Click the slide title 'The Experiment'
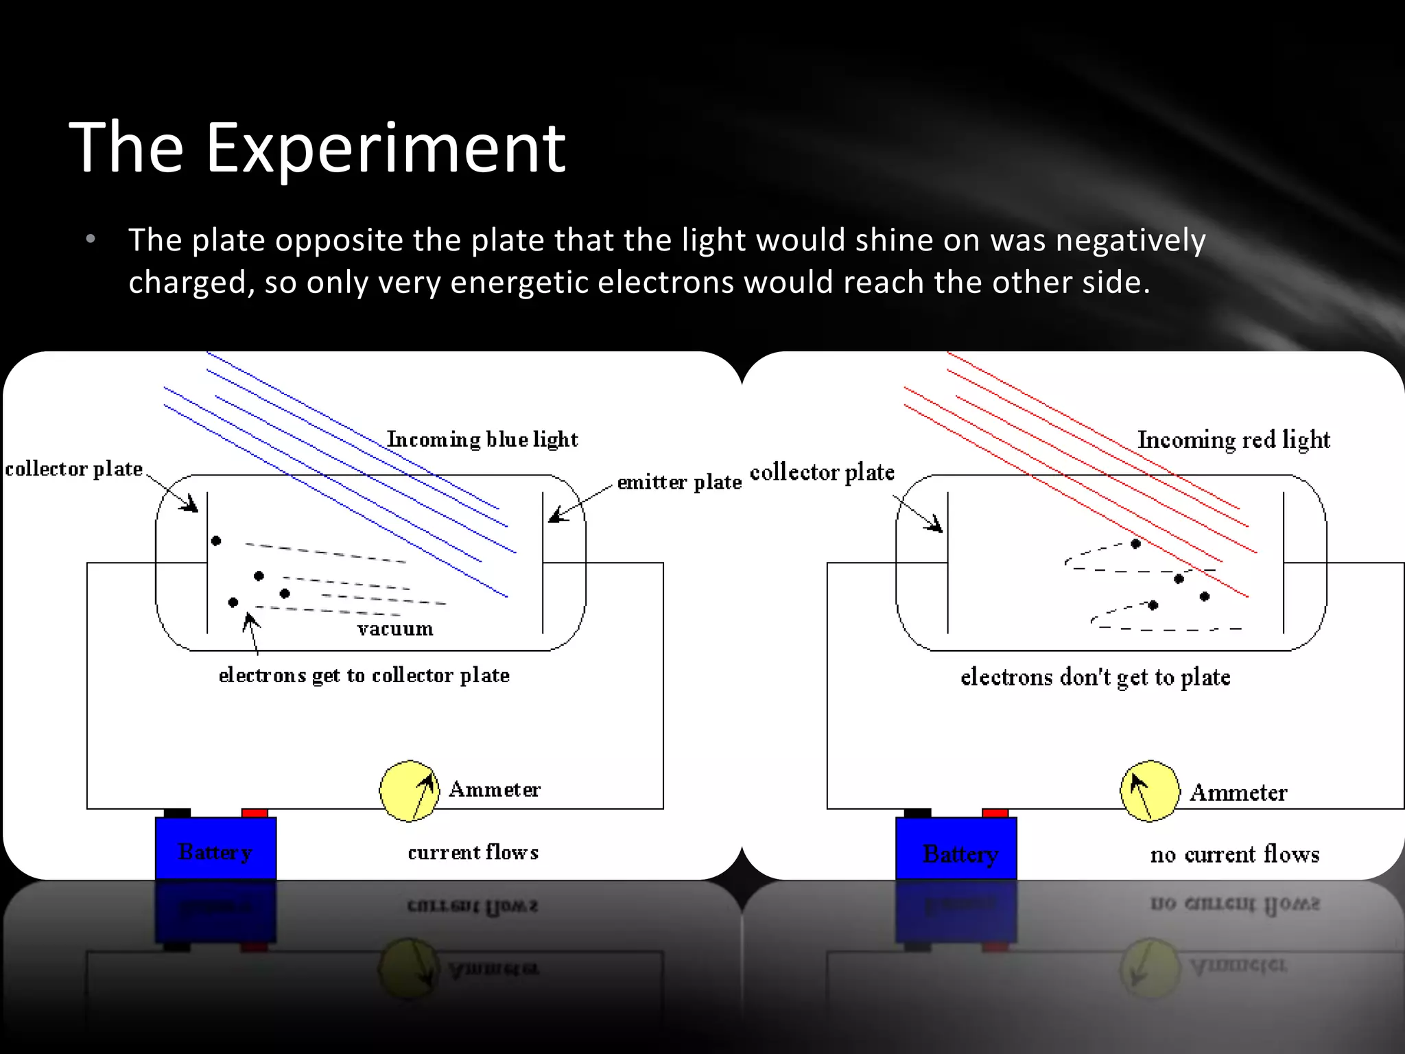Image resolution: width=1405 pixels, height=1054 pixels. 317,147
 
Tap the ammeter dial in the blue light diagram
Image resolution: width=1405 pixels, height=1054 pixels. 410,790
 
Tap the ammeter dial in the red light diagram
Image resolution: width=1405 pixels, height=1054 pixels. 1150,791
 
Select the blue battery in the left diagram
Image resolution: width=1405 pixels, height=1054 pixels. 215,848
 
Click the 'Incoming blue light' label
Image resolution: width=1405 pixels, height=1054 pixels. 482,439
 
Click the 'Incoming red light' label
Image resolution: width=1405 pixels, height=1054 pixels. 1233,439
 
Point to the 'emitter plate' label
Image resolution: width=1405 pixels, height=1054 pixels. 679,482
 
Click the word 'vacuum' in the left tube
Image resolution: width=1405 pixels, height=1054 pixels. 395,629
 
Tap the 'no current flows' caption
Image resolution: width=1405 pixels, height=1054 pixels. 1235,854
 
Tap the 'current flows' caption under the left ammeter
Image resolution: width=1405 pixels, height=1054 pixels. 473,852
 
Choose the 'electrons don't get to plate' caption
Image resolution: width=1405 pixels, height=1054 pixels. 1095,677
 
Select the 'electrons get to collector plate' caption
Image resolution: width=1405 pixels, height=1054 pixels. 364,675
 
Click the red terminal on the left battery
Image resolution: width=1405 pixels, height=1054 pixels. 255,813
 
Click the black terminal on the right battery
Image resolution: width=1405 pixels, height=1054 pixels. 917,813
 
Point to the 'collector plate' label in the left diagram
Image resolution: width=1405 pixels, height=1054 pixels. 74,469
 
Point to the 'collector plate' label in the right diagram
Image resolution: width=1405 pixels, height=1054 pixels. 822,472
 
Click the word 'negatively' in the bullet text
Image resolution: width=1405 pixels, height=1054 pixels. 1130,240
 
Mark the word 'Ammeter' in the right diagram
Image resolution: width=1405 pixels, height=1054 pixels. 1238,793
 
